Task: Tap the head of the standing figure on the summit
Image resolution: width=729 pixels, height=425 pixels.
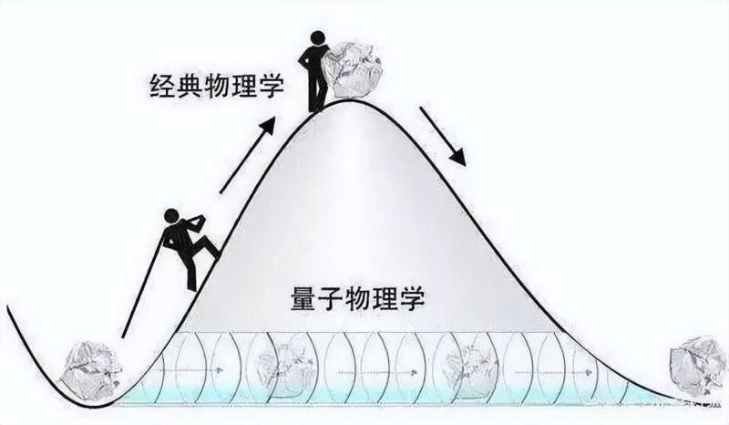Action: [318, 40]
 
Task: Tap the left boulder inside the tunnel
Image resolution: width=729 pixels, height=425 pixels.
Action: [282, 363]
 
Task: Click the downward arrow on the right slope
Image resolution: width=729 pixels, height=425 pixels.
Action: [443, 137]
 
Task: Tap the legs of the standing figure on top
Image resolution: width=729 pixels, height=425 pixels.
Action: [317, 91]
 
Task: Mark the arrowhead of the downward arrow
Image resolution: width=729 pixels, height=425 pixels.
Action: [458, 158]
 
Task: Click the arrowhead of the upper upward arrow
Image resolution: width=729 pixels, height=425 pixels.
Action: [271, 121]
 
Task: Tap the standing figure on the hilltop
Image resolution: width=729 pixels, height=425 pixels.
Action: [317, 71]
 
